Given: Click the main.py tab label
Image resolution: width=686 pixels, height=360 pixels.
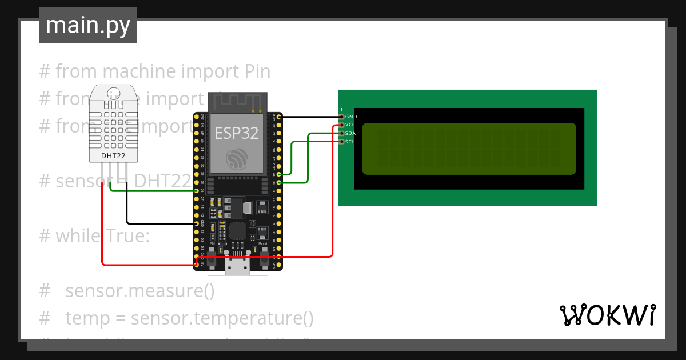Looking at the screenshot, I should (x=87, y=25).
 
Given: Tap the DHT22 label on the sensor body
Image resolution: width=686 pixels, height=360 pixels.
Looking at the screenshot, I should (x=113, y=155).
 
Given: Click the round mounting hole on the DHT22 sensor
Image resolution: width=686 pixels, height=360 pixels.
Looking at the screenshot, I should (x=113, y=92).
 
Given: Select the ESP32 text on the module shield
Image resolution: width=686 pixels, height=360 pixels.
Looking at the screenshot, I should (x=236, y=133).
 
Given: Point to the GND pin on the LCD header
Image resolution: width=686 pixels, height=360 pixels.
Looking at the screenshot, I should (x=342, y=117).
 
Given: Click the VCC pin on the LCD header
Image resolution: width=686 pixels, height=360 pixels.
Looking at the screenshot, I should (x=342, y=125).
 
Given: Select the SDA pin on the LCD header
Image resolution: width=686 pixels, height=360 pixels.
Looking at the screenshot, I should (x=342, y=133).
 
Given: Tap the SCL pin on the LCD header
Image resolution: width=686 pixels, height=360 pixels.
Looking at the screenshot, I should (x=342, y=141).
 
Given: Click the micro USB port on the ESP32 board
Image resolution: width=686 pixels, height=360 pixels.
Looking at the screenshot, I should (x=237, y=267).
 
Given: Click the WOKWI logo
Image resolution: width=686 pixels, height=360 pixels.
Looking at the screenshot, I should (x=607, y=315).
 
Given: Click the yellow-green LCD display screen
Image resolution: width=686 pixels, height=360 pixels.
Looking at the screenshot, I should (x=469, y=149).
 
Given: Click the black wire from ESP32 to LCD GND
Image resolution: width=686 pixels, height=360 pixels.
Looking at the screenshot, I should (x=309, y=117).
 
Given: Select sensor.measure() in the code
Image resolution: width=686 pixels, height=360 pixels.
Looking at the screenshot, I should (x=140, y=291).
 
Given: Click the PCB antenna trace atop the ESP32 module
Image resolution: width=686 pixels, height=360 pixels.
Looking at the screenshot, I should (x=237, y=102).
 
